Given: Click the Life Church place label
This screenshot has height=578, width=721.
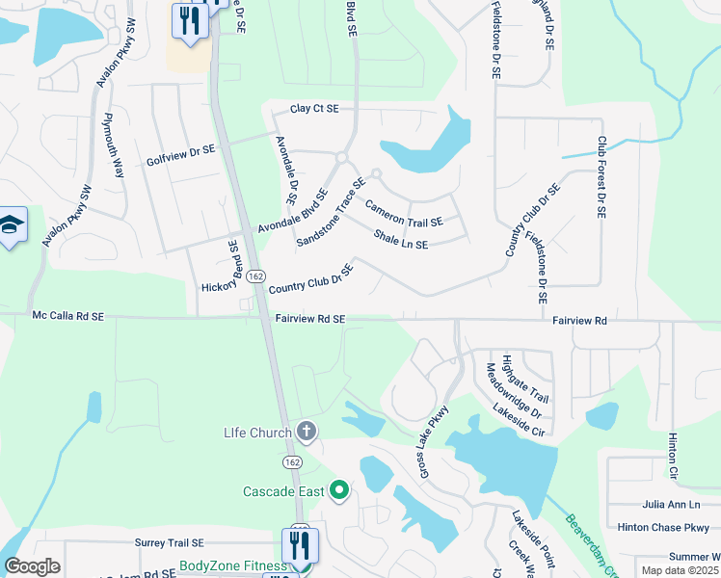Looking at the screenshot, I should click(256, 433).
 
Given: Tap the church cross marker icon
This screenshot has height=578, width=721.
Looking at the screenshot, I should click(307, 432).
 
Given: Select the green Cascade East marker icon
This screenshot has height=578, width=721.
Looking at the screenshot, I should click(338, 491).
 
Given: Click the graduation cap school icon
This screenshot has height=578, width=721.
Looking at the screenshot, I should click(11, 225).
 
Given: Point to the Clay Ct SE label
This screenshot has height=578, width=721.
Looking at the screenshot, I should click(314, 109).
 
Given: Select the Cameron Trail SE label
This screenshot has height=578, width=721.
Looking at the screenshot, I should click(404, 214).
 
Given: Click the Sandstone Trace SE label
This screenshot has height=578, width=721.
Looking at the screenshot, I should click(331, 211).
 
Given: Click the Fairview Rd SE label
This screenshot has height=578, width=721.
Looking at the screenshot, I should click(309, 318).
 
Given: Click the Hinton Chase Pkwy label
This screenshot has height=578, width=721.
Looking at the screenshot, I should click(663, 527).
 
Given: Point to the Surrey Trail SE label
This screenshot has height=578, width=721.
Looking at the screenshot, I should click(170, 543).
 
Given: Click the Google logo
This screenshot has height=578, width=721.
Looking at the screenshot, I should click(32, 566).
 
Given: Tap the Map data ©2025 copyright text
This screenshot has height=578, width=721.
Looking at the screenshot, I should click(681, 570).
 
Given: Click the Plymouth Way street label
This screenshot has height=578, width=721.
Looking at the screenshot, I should click(114, 145).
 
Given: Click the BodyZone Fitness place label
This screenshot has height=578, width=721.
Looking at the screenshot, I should click(232, 565).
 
